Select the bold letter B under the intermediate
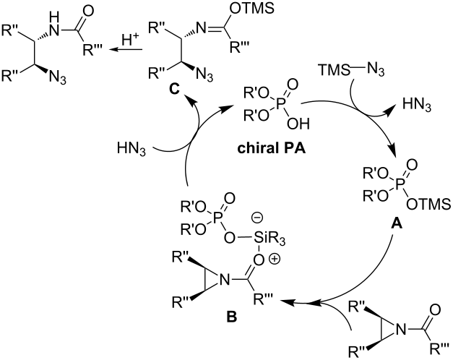231,317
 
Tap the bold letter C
174,90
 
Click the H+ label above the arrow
131,40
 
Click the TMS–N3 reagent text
351,69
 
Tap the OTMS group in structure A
428,205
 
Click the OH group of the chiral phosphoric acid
298,124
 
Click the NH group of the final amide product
54,25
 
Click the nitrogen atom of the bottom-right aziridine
400,329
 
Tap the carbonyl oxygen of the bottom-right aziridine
435,309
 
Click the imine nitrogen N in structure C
201,27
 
